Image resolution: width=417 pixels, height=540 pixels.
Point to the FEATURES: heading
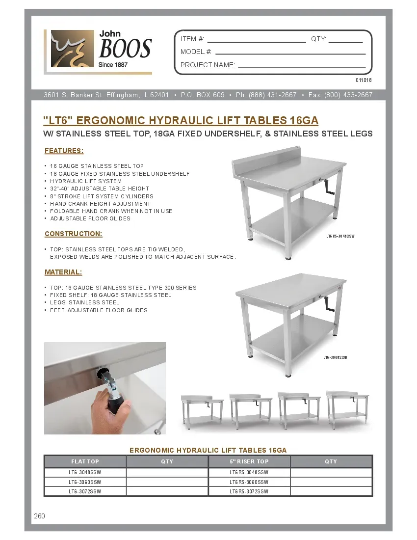[x=64, y=151]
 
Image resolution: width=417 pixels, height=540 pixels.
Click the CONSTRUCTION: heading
[x=73, y=234]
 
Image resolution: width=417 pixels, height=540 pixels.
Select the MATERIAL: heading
[x=63, y=272]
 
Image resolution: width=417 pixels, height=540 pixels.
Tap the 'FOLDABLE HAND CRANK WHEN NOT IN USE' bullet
[x=111, y=211]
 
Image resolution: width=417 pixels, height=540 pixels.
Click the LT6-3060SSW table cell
[x=85, y=482]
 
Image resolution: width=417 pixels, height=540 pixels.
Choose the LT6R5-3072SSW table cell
[x=249, y=491]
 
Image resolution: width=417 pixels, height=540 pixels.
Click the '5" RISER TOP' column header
[x=249, y=461]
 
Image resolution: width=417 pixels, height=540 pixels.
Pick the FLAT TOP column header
[x=85, y=461]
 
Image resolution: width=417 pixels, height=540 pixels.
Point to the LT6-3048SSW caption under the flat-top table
[x=336, y=358]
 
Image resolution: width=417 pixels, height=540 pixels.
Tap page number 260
[x=40, y=516]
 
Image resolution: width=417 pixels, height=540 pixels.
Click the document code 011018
[x=364, y=80]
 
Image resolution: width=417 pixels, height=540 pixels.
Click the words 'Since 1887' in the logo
[x=113, y=65]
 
